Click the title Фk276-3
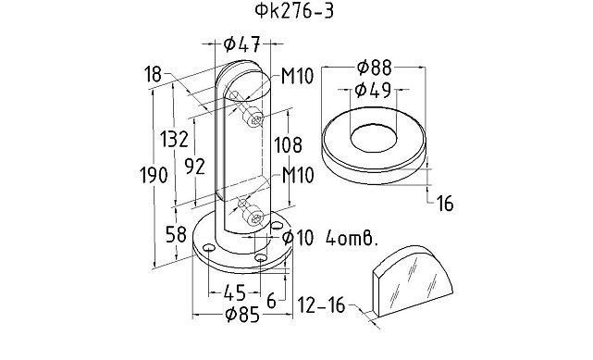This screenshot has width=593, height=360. pos(294,11)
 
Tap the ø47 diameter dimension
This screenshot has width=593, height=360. pos(242,44)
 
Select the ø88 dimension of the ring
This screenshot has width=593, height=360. pos(375,68)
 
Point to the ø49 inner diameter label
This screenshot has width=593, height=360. pos(373,90)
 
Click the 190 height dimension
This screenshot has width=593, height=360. pos(154,175)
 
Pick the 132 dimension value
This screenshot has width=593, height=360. pos(174,139)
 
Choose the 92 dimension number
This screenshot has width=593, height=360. pos(195,167)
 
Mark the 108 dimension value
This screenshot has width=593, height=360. pos(289,144)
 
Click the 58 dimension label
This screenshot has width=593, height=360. pos(177,234)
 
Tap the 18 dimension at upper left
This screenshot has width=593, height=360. pos(153,74)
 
